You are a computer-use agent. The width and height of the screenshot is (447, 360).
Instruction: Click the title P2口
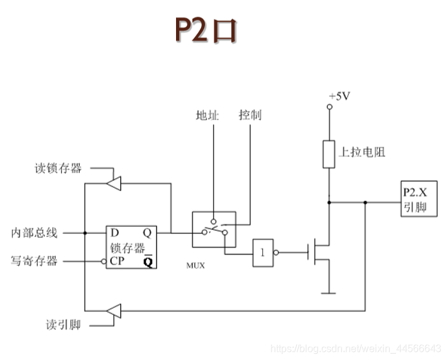(206, 30)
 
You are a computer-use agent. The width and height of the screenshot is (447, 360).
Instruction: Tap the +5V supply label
(339, 96)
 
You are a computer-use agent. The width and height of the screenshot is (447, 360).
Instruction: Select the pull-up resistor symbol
(329, 155)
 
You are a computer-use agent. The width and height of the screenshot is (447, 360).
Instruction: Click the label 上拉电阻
(361, 152)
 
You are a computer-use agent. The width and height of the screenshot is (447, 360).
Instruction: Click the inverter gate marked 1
(263, 253)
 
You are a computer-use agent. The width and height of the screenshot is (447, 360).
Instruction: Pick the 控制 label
(250, 115)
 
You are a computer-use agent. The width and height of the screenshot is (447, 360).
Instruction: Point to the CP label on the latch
(117, 260)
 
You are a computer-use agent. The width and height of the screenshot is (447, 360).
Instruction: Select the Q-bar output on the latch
(148, 261)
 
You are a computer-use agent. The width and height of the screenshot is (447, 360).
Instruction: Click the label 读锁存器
(58, 168)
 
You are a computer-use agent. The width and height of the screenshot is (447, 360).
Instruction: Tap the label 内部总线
(35, 233)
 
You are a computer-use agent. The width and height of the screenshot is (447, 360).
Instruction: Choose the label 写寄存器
(35, 260)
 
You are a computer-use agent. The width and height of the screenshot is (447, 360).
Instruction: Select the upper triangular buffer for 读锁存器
(114, 183)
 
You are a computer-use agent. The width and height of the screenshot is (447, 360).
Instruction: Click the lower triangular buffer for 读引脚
(114, 311)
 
